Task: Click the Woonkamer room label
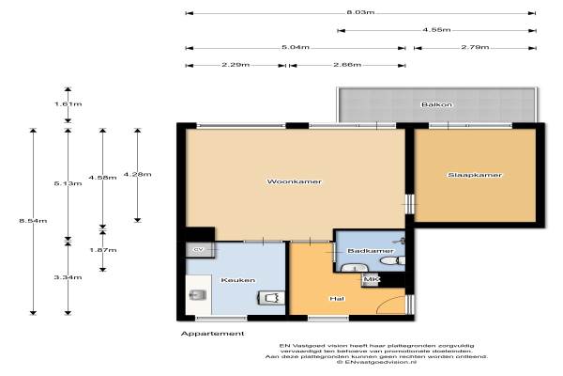coord(294,181)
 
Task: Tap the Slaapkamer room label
coord(475,175)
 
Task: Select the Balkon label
coord(436,104)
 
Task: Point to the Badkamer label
coord(371,251)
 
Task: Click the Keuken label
coord(238,280)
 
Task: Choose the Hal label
coord(337,299)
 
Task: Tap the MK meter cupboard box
coord(370,279)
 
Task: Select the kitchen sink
coord(197,295)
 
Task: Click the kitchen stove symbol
coord(271,298)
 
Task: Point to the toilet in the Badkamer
coord(392,260)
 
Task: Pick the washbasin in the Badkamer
coord(354,268)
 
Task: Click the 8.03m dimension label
coord(360,12)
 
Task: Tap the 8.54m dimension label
coord(33,221)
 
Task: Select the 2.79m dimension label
coord(475,47)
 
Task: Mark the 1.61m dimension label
coord(68,104)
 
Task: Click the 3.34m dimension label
coord(68,277)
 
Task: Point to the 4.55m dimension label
coord(436,30)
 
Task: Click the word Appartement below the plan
coord(213,334)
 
